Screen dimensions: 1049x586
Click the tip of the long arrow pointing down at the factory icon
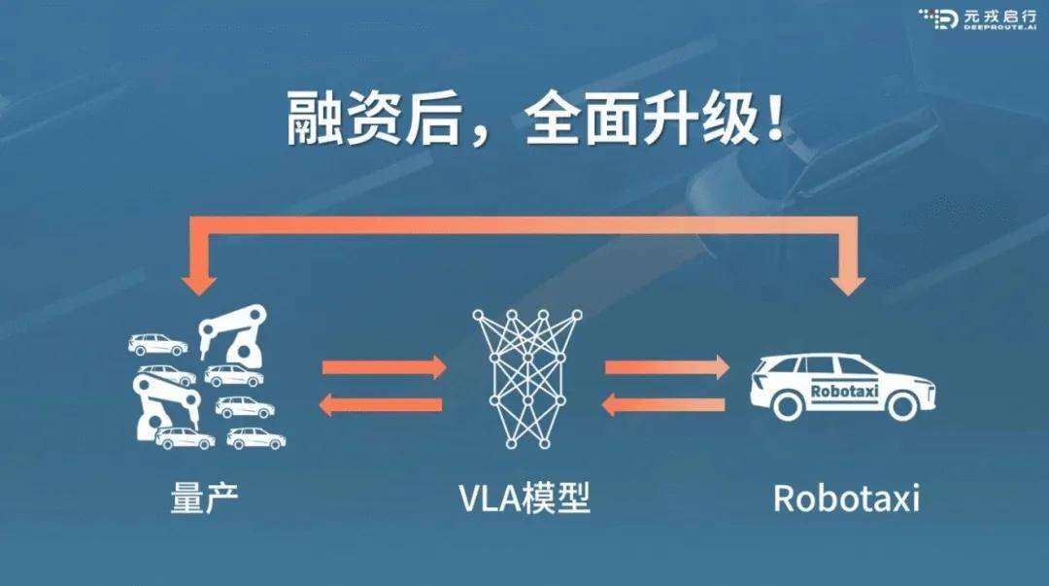pos(199,295)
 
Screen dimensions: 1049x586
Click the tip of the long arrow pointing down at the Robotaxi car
pos(848,295)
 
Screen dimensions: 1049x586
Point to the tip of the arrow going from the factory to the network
pos(446,367)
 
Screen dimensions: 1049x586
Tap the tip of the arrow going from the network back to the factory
pos(319,404)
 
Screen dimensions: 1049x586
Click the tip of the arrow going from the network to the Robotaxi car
pos(729,367)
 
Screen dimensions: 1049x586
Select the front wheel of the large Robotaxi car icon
pos(900,404)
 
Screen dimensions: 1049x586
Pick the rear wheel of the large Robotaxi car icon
pos(786,404)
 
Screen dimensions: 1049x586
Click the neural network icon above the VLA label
pos(526,379)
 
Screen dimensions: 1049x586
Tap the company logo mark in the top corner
pos(940,18)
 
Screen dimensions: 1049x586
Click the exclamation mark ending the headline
pos(775,120)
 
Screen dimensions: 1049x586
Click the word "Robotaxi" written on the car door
pos(844,391)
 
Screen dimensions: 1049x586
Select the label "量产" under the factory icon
pos(205,499)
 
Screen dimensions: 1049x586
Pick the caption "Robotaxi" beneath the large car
pos(846,499)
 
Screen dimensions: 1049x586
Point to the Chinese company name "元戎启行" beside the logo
pos(999,16)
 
